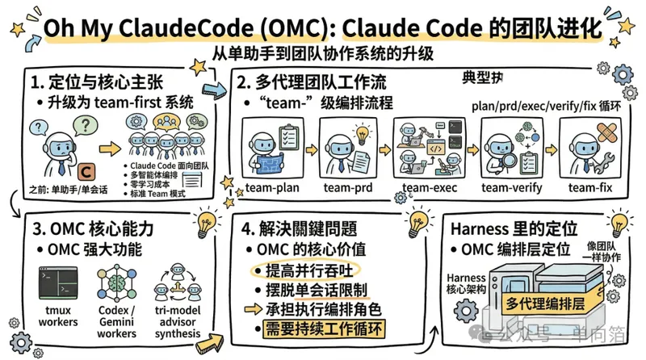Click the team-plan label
(x=272, y=188)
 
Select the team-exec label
(x=425, y=188)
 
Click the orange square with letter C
(x=87, y=171)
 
